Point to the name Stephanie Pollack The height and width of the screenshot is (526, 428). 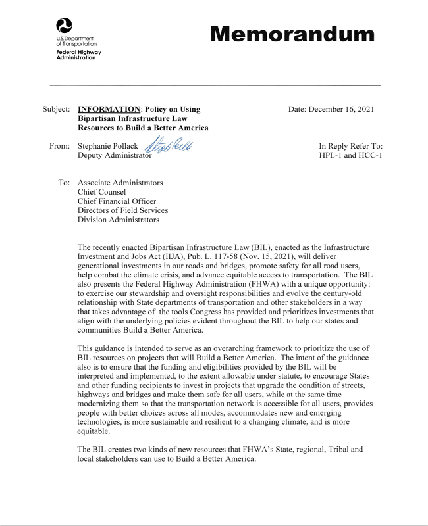click(108, 146)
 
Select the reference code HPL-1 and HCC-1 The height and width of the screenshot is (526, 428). click(350, 155)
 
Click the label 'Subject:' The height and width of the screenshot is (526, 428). click(56, 109)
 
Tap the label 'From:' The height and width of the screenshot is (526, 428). click(60, 146)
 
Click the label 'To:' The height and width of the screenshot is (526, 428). click(65, 183)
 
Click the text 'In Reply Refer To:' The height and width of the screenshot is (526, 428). click(350, 146)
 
